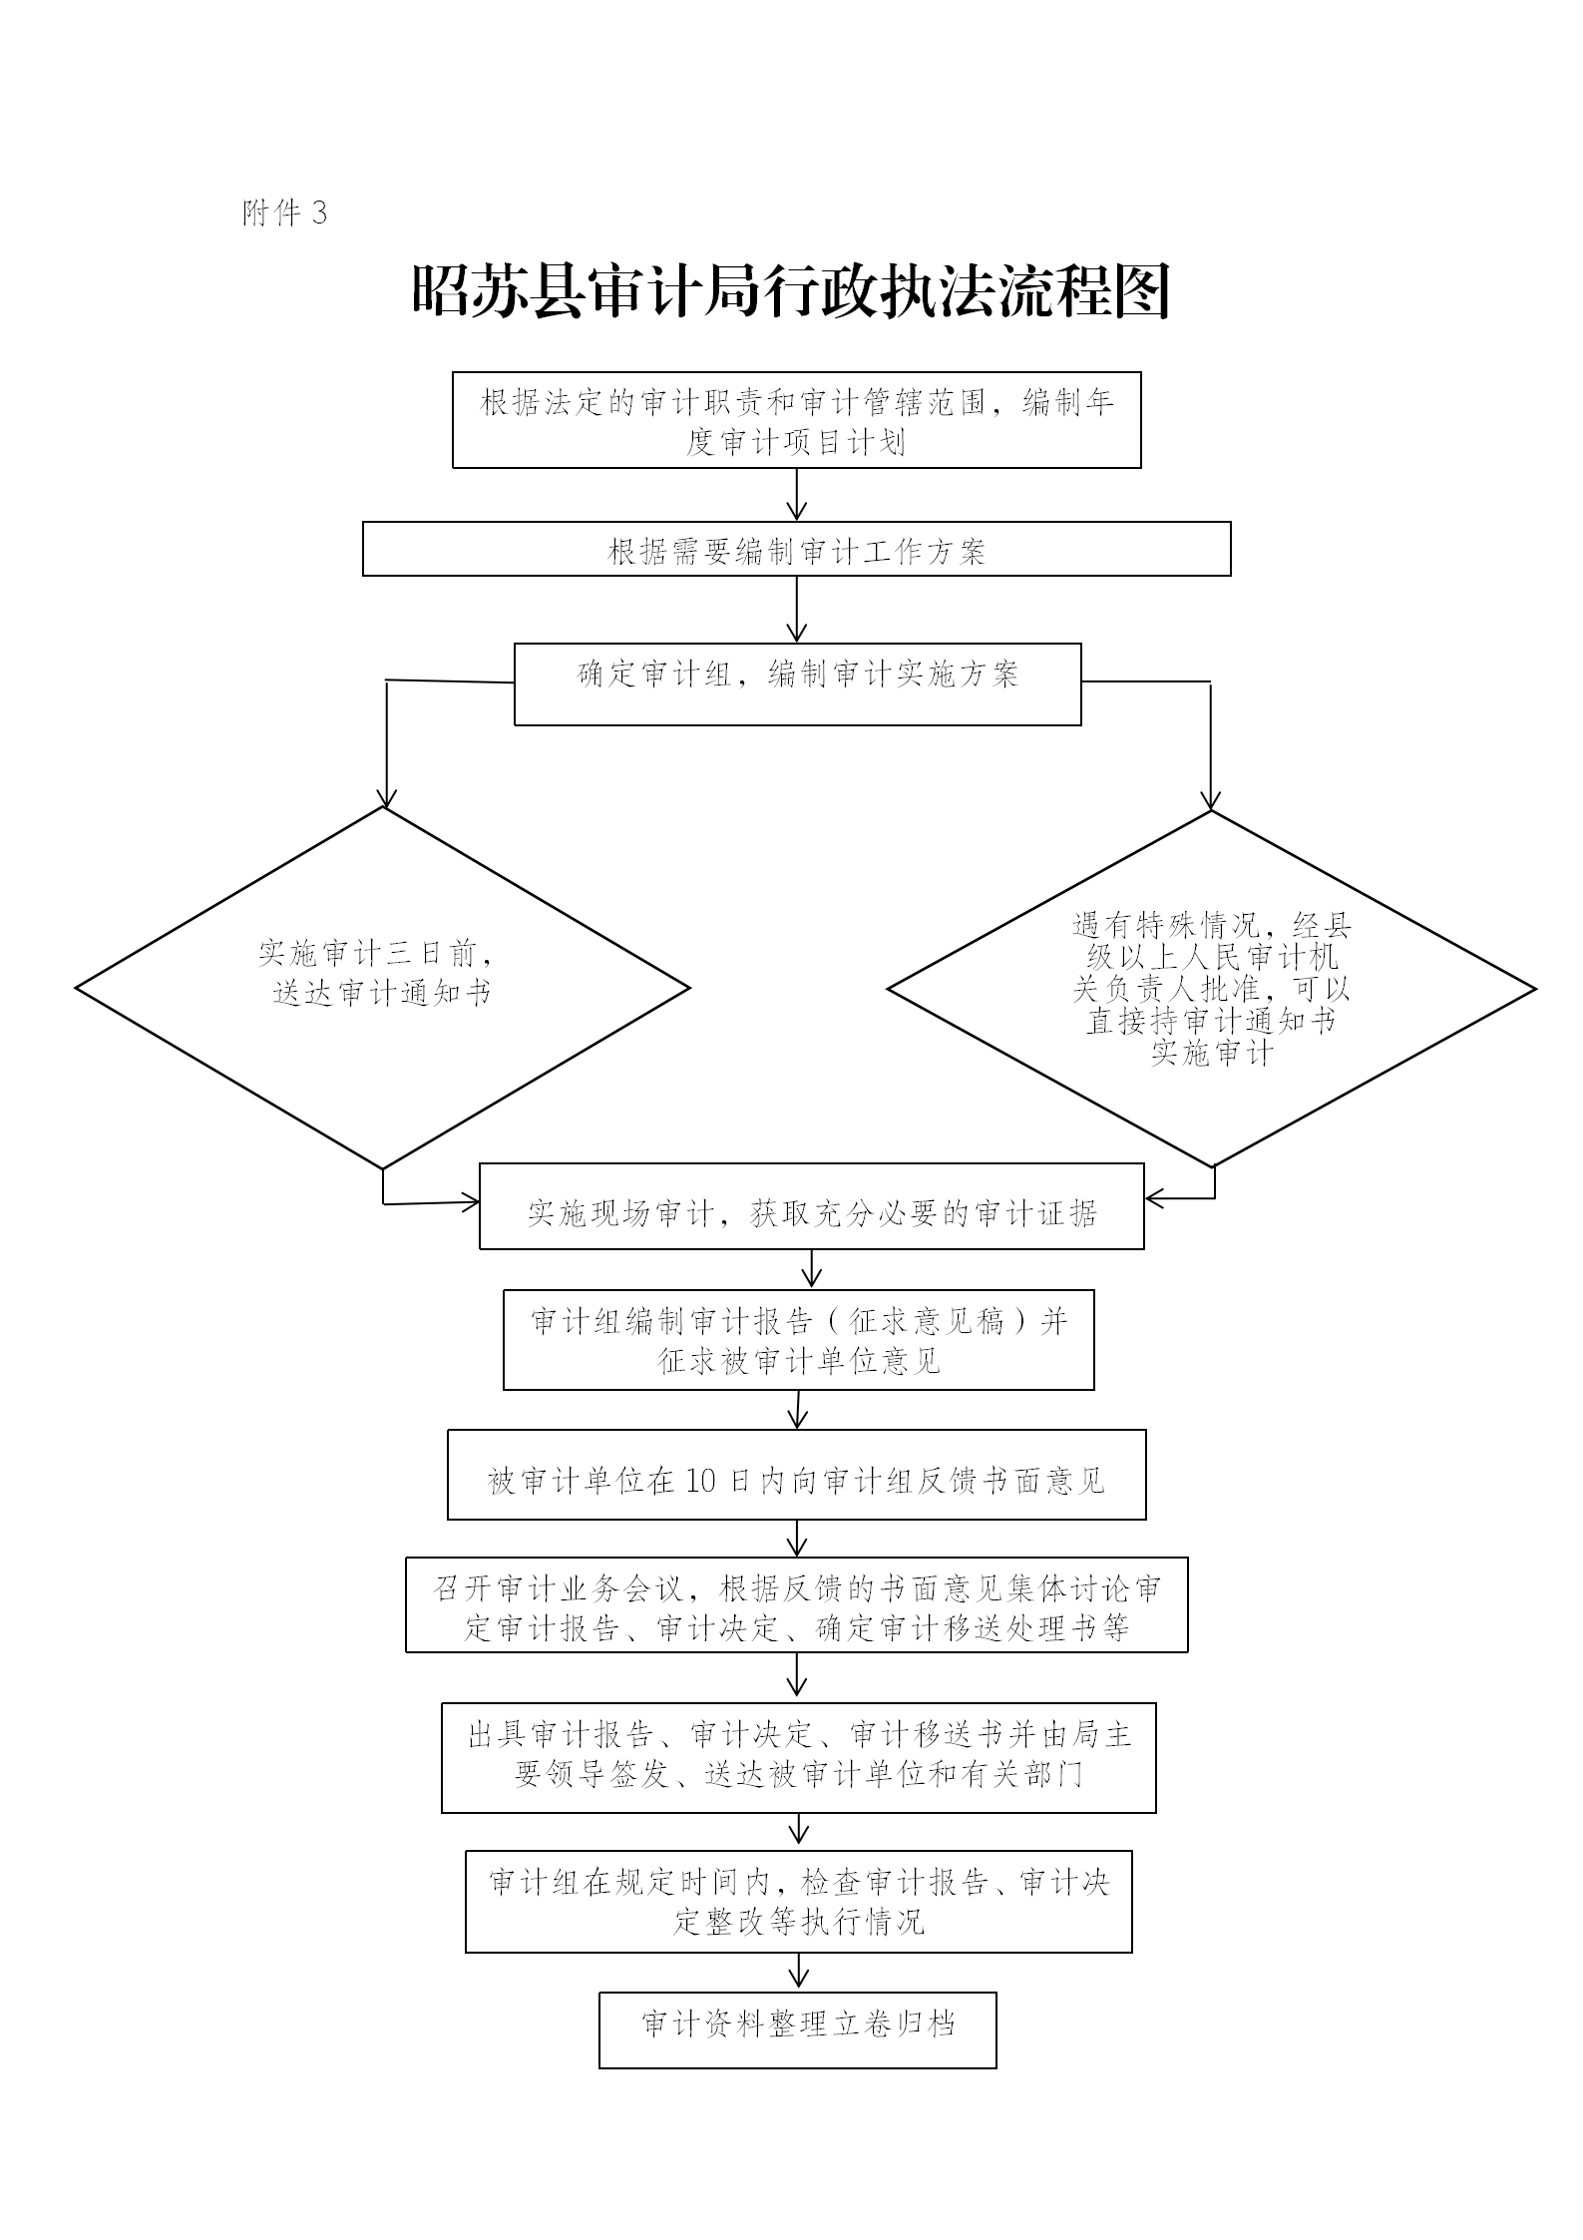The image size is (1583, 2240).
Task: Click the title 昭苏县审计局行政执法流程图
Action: pyautogui.click(x=791, y=291)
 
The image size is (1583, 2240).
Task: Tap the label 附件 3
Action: pyautogui.click(x=284, y=213)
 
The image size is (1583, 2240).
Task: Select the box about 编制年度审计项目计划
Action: pyautogui.click(x=797, y=420)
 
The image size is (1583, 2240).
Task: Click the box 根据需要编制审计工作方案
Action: pyautogui.click(x=797, y=549)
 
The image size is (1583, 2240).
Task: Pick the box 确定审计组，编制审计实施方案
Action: pyautogui.click(x=798, y=684)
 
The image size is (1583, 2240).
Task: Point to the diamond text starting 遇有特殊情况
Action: pyautogui.click(x=1212, y=988)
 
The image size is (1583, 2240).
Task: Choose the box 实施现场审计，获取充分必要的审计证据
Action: pyautogui.click(x=812, y=1206)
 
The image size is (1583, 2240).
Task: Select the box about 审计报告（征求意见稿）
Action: pyautogui.click(x=799, y=1340)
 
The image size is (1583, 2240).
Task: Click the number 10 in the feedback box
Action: pyautogui.click(x=701, y=1481)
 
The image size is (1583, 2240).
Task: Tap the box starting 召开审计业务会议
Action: pyautogui.click(x=797, y=1604)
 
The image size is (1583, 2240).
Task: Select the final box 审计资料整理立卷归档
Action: pyautogui.click(x=798, y=2030)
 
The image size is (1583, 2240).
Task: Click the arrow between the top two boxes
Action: pyautogui.click(x=797, y=494)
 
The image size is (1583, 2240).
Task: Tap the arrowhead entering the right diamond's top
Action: pyautogui.click(x=1211, y=800)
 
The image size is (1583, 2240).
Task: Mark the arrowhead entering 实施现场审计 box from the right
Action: pyautogui.click(x=1154, y=1197)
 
